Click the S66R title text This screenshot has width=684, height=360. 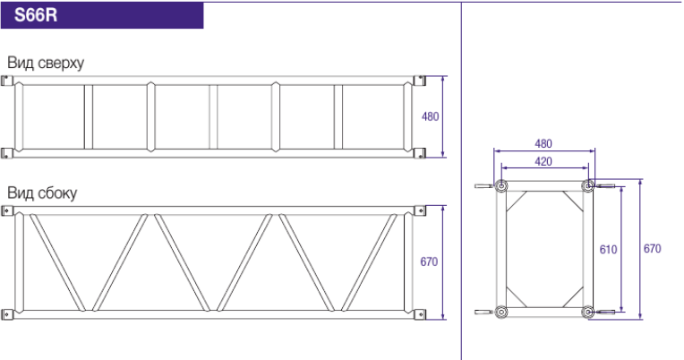[36, 15]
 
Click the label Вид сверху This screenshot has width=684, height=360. [46, 64]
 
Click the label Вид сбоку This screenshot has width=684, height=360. [42, 193]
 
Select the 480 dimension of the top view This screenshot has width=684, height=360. [430, 116]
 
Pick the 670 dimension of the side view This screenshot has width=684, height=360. [429, 261]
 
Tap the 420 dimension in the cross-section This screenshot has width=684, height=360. [543, 161]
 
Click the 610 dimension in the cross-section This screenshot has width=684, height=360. [608, 249]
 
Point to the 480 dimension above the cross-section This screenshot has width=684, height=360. [543, 143]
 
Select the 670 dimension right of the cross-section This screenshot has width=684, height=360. [652, 248]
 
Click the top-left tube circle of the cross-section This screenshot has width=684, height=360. [501, 186]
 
